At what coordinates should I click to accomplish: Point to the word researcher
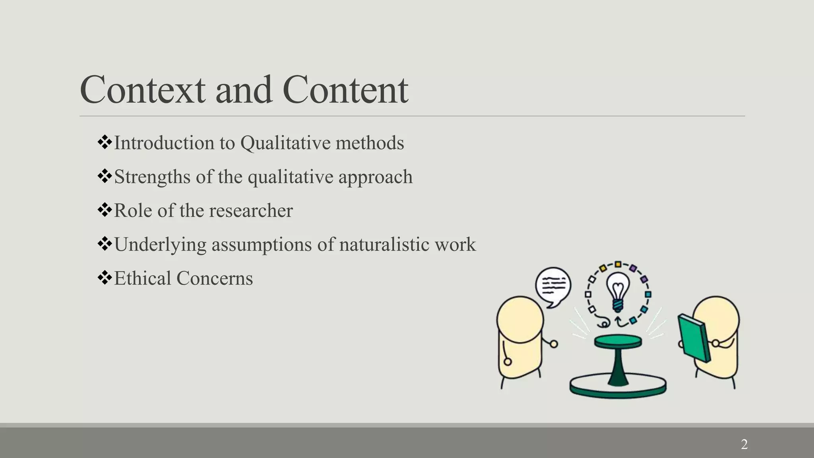click(251, 211)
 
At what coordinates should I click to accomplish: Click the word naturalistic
click(384, 244)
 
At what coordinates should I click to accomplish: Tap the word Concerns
click(215, 278)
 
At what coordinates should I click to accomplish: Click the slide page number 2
click(744, 444)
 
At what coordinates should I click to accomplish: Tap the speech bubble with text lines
click(553, 285)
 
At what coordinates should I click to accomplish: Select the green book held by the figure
click(694, 338)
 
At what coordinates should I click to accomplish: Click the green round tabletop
click(618, 341)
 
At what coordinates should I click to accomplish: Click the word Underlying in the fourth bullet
click(160, 245)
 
